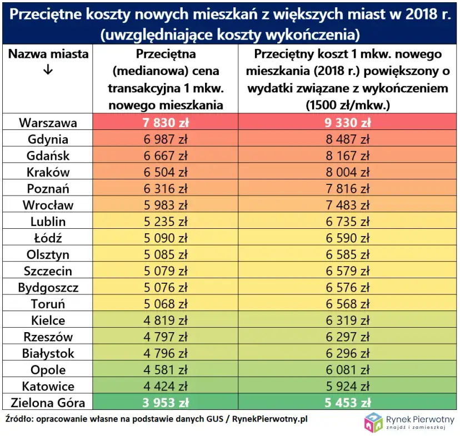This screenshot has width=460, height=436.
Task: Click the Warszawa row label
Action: [x=48, y=123]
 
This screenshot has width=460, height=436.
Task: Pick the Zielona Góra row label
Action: [x=48, y=403]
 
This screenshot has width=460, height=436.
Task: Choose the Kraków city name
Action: [x=48, y=172]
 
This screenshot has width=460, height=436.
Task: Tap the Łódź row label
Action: [x=48, y=238]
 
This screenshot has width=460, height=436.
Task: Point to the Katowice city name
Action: [x=48, y=386]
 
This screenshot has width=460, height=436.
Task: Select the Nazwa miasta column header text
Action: [x=48, y=54]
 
